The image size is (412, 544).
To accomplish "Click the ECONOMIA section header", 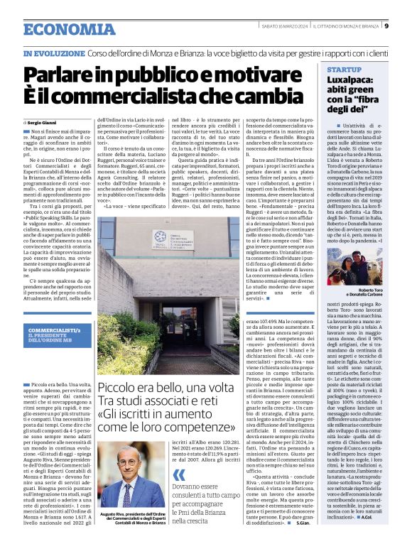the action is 60,30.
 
